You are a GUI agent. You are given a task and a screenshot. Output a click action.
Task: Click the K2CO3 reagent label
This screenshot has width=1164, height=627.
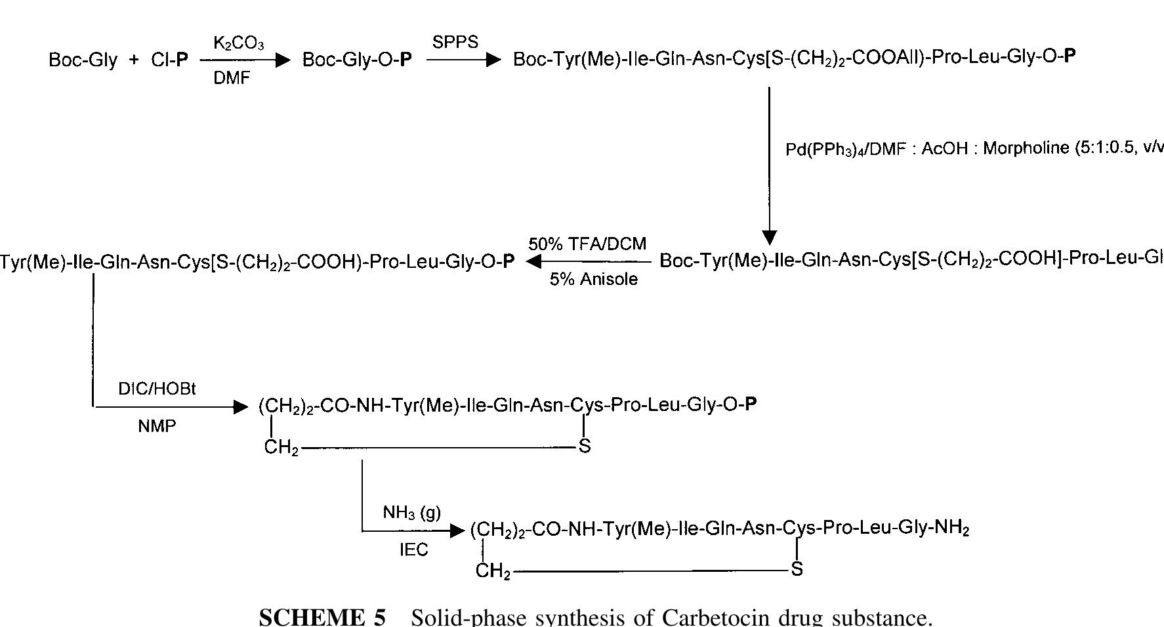coord(238,44)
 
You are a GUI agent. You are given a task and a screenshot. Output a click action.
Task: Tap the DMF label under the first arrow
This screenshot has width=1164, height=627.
coord(232,78)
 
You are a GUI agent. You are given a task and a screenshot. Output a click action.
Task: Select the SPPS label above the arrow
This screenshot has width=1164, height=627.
coord(455,43)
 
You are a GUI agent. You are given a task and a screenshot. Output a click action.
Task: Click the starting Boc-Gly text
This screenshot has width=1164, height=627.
coord(83,60)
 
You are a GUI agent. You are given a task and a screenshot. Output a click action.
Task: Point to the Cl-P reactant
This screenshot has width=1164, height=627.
coord(169,60)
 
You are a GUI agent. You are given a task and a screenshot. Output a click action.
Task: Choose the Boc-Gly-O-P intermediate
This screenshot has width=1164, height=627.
coord(357,60)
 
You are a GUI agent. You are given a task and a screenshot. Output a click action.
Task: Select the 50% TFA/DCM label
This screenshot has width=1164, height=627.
coord(587,244)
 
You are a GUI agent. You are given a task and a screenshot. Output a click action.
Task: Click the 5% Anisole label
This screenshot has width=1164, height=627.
coord(593,280)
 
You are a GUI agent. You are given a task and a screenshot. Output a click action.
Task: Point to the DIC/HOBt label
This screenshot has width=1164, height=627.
coord(157,389)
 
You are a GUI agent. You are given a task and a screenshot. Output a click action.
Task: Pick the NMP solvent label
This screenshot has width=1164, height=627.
coord(157,427)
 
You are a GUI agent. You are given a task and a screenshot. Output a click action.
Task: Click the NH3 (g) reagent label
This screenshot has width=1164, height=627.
coord(412,512)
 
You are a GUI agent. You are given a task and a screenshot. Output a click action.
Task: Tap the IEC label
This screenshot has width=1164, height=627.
coord(413,550)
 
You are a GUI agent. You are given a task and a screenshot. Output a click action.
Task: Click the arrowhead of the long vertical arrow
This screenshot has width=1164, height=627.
coord(770,238)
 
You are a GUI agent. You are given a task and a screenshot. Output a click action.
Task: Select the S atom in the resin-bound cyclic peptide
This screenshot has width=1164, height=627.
coord(585,446)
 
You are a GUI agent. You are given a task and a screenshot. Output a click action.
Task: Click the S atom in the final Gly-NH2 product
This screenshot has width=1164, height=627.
coord(797,569)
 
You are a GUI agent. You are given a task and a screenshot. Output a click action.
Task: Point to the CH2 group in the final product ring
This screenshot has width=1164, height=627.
coord(493,571)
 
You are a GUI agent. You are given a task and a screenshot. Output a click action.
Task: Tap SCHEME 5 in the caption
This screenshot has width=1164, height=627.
coord(322,618)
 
